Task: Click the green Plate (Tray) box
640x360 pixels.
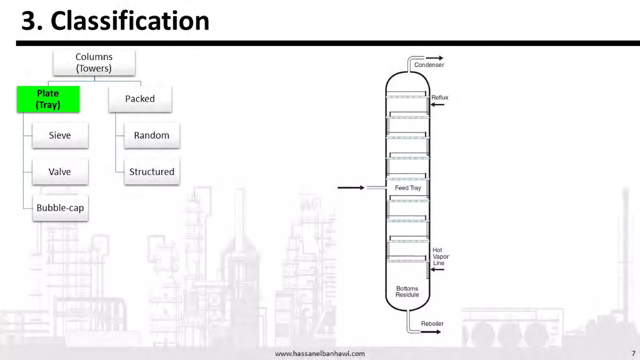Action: point(48,99)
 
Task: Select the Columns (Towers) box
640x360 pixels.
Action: point(94,62)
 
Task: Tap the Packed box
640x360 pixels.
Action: point(140,99)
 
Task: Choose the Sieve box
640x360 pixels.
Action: point(60,135)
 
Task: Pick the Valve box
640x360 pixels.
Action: point(60,172)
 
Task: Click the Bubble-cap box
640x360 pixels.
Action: point(60,208)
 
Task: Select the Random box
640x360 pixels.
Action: point(152,135)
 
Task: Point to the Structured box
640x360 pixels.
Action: point(152,172)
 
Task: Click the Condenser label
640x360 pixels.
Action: point(429,65)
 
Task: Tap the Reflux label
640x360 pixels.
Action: point(440,97)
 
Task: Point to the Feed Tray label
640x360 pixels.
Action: point(408,188)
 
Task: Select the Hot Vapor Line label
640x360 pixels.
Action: point(440,256)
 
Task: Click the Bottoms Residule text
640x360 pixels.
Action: point(407,292)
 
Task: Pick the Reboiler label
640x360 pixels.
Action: point(432,324)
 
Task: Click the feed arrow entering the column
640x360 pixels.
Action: point(351,187)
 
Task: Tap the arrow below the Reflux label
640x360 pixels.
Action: point(437,105)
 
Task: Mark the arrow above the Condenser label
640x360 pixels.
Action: point(434,58)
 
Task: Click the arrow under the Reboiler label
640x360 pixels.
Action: point(431,332)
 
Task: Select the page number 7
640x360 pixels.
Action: point(633,353)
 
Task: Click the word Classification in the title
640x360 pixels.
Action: point(130,21)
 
